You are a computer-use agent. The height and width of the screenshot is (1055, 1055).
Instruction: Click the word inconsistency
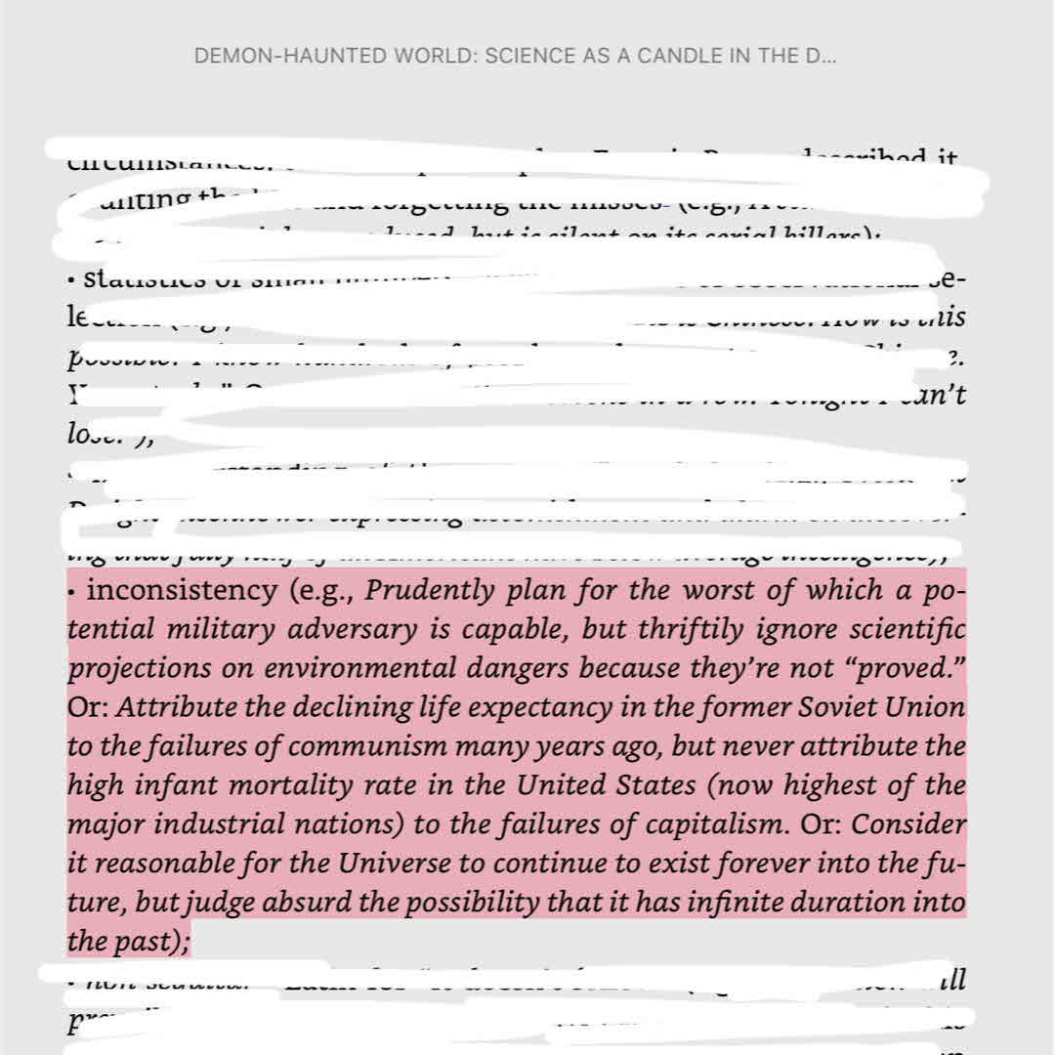click(x=182, y=591)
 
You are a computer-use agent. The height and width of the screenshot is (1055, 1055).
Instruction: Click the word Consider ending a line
click(x=907, y=824)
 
